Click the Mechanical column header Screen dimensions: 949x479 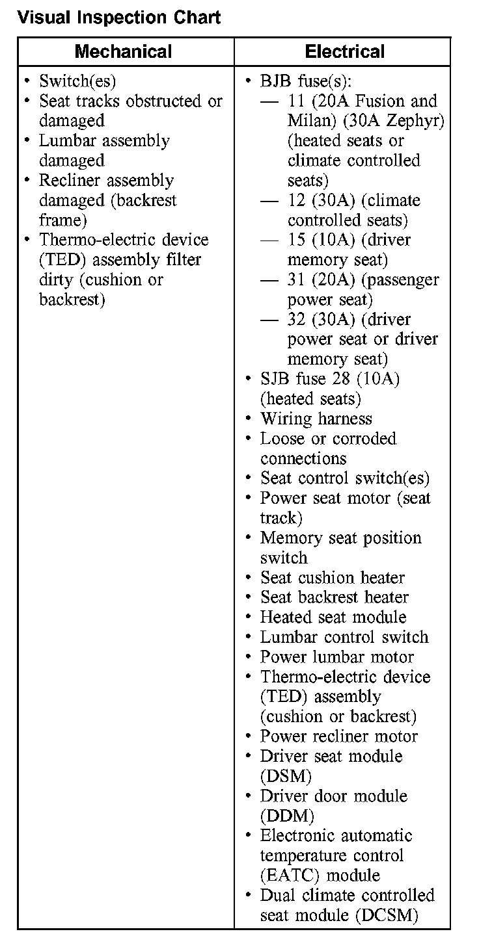tap(124, 52)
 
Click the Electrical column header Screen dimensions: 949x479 tap(345, 52)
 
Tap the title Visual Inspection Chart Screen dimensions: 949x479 tap(119, 17)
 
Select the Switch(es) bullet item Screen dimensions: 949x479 tap(77, 81)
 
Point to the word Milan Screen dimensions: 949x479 tap(308, 121)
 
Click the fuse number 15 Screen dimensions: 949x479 tap(297, 240)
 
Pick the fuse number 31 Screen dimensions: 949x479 tap(297, 279)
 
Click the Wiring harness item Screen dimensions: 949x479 tap(316, 419)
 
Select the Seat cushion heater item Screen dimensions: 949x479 tap(333, 577)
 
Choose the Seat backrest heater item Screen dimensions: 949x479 tap(335, 597)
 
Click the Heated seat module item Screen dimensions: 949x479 tap(333, 617)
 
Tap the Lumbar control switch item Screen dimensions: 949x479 tap(344, 637)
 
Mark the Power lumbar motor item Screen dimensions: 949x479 tap(337, 656)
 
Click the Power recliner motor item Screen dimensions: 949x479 tap(339, 736)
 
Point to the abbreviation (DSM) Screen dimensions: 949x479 tap(286, 776)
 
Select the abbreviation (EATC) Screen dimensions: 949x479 tap(290, 875)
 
